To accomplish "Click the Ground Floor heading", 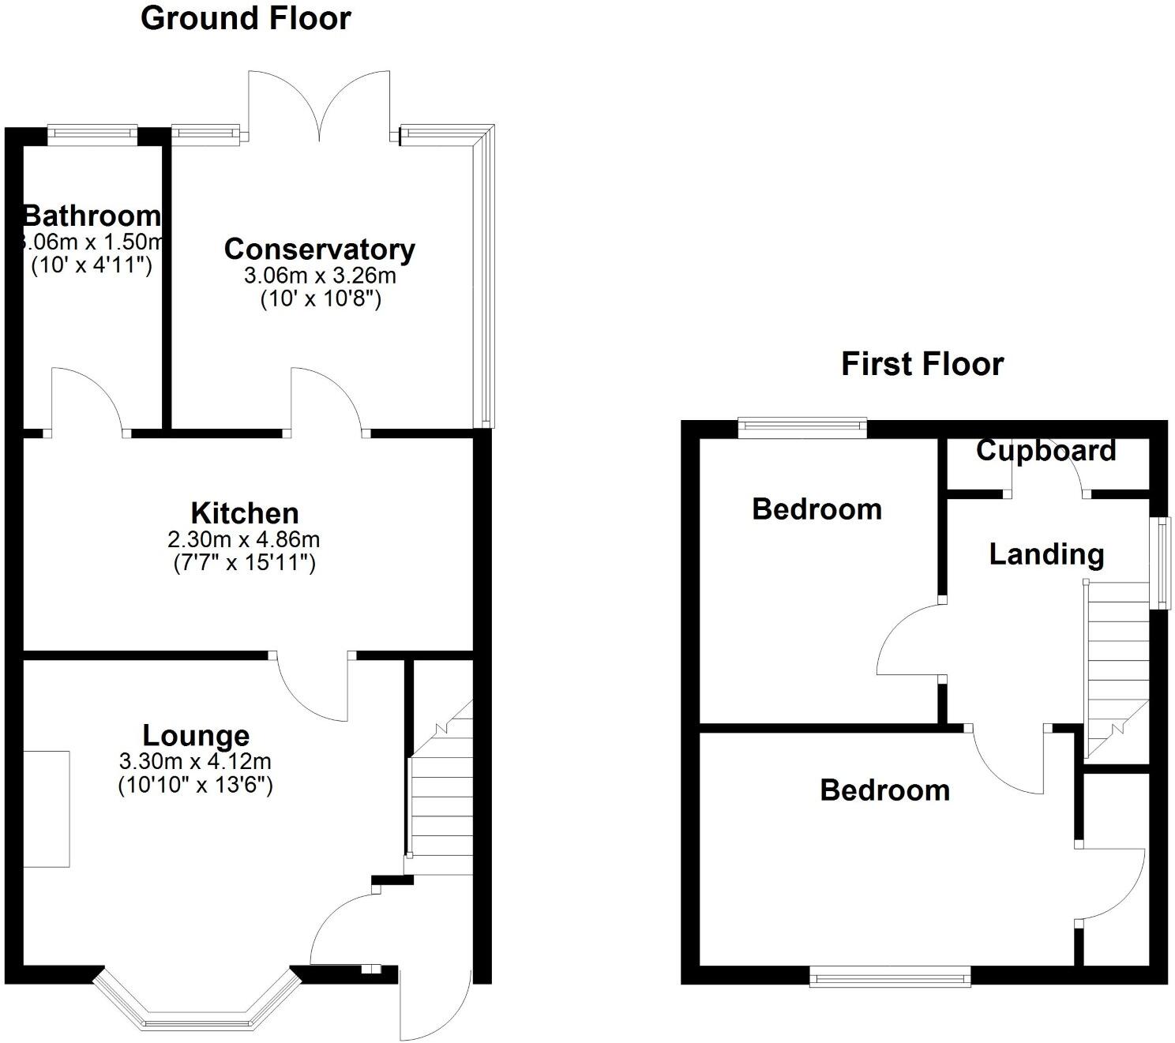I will [x=246, y=18].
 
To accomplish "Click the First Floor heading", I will [x=922, y=364].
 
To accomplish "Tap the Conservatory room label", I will [x=320, y=249].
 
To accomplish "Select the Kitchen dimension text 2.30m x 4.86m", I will [x=243, y=539].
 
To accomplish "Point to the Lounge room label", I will [x=196, y=735].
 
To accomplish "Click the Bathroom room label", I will [x=92, y=215].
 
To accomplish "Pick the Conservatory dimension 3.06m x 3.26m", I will [x=320, y=276].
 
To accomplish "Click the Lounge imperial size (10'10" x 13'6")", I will [x=195, y=786].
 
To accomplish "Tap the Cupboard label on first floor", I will [x=1045, y=450].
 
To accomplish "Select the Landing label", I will [x=1046, y=554].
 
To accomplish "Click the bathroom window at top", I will [x=92, y=133].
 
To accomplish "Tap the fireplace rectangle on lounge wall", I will [x=46, y=809].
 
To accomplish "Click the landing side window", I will [x=1159, y=562].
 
